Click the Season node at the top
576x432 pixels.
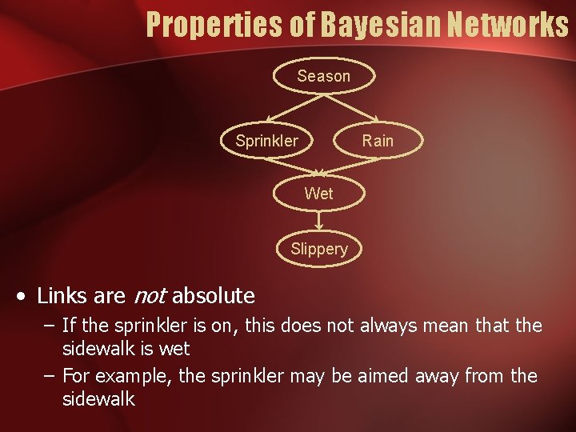pos(323,76)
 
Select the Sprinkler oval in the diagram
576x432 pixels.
pos(266,141)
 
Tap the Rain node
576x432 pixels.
pos(378,141)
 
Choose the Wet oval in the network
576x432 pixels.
pos(318,193)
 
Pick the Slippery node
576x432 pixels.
pos(318,249)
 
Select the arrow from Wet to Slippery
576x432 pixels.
pos(318,221)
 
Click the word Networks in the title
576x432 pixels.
pos(509,24)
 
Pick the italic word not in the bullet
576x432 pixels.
pos(149,296)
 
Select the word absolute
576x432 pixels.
pos(213,296)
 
